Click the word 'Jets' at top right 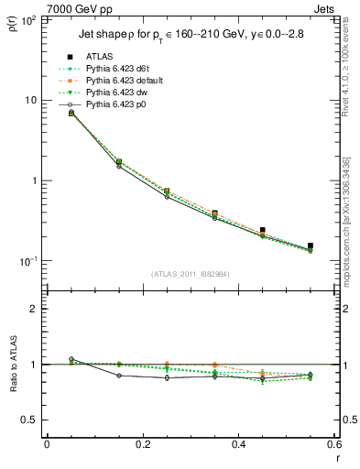click(326, 6)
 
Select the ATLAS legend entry click(98, 57)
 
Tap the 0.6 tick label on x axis click(333, 445)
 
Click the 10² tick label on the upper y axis click(27, 19)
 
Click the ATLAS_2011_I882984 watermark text click(190, 273)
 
